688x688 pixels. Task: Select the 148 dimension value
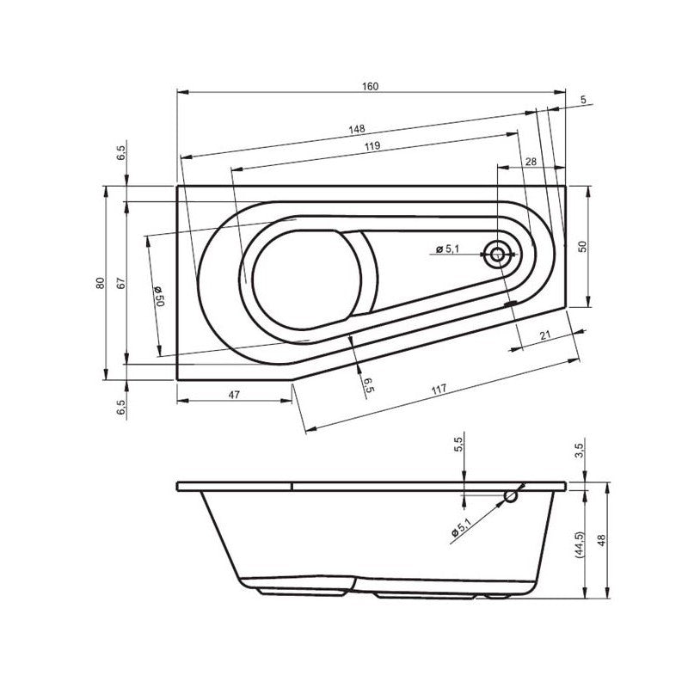pos(356,130)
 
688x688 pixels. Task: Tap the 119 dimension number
pos(372,147)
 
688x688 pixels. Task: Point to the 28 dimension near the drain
pos(530,162)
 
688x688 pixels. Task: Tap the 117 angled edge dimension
pos(439,390)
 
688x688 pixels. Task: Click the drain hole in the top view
pos(497,254)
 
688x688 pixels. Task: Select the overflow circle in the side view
pos(512,496)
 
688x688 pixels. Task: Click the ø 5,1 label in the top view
pos(447,249)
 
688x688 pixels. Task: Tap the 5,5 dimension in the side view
pos(458,445)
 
